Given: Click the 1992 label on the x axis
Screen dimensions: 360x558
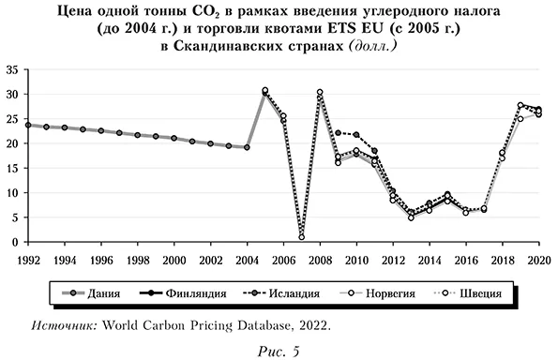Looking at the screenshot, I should tap(28, 258).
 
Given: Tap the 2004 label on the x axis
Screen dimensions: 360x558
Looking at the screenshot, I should tap(247, 258).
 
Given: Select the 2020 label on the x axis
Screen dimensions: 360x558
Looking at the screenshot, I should tap(537, 258).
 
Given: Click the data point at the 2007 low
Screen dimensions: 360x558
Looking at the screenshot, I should tap(301, 236).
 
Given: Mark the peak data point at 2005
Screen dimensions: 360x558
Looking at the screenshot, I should tap(265, 91).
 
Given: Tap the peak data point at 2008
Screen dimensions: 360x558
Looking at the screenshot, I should tap(320, 93).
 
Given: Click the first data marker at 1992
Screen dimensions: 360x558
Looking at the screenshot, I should tap(28, 125).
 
